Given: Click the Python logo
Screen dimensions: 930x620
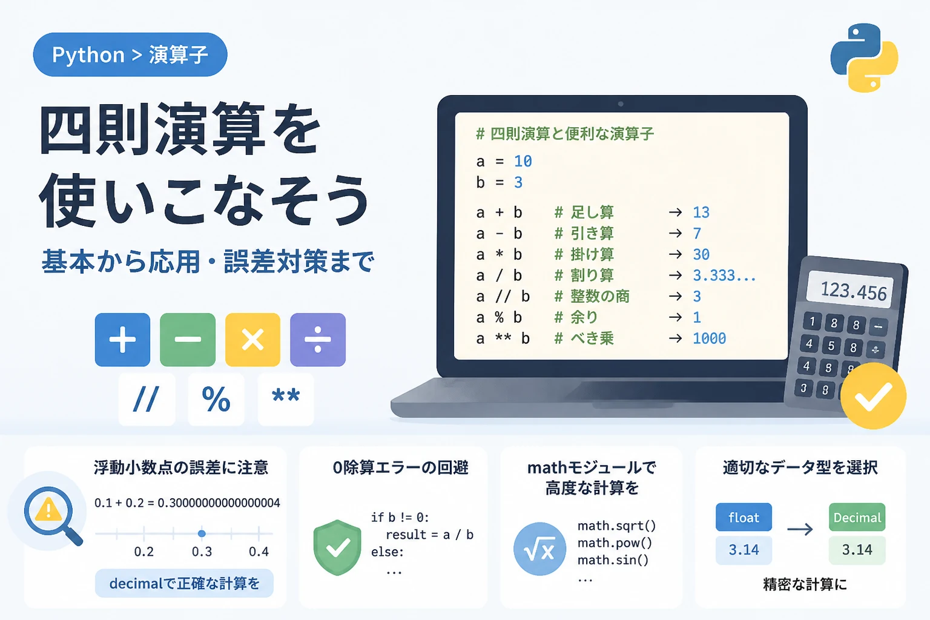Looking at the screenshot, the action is (x=864, y=58).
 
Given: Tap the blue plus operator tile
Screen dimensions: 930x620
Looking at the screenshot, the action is (x=122, y=340).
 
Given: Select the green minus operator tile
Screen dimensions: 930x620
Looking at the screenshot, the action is (x=188, y=340).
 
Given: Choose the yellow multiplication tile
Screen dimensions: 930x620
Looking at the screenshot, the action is (x=252, y=340).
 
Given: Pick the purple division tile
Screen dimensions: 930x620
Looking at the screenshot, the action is (x=318, y=340).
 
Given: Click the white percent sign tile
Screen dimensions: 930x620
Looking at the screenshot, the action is (x=216, y=399).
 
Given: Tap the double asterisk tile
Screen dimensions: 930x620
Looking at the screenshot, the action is (x=286, y=399).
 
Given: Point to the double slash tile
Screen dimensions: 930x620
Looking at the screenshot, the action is (x=147, y=399).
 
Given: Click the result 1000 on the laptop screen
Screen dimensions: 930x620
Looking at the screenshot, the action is (x=709, y=338).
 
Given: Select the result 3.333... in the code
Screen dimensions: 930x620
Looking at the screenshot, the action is (x=724, y=275).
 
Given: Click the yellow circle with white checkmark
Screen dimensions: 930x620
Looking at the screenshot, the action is (x=873, y=396).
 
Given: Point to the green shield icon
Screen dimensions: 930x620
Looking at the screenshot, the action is (x=337, y=547).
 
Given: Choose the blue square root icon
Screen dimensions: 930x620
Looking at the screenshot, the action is (x=539, y=549).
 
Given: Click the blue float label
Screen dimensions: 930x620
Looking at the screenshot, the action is (x=744, y=518).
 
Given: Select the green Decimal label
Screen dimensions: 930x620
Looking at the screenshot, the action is (x=857, y=518).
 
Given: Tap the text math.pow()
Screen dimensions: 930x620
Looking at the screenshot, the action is (x=615, y=543).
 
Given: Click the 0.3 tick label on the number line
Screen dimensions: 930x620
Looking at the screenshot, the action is (x=202, y=552).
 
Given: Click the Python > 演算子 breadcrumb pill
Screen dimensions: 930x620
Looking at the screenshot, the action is (x=130, y=54).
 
